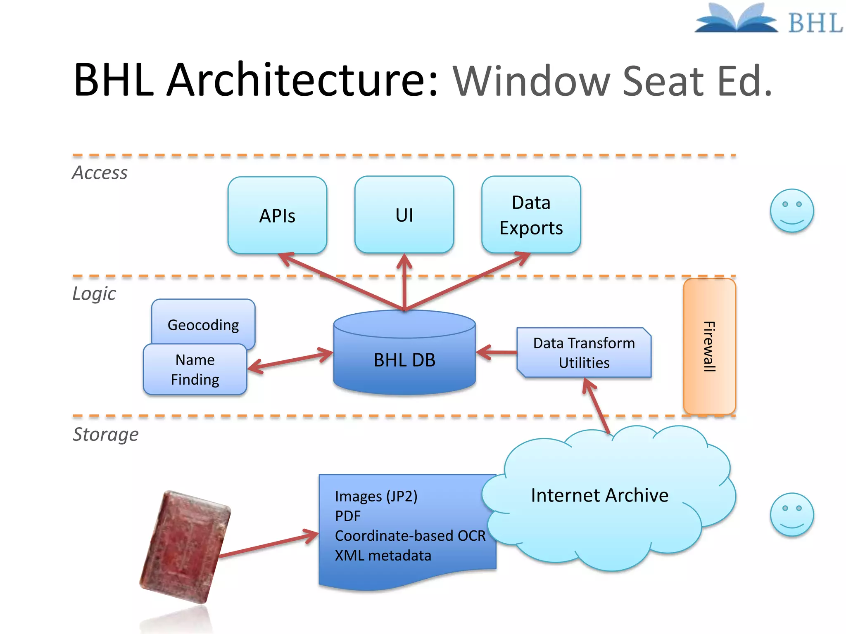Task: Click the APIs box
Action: pos(277,215)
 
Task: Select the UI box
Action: pos(404,215)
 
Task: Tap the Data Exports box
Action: pos(531,215)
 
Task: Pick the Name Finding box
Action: pos(195,369)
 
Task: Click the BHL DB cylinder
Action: pos(404,360)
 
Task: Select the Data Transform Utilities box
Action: pos(584,352)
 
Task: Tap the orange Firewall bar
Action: pos(709,346)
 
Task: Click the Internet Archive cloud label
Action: pos(599,495)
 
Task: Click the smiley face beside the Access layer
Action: pos(791,211)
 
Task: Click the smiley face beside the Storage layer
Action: pos(791,514)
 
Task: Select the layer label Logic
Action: pos(94,293)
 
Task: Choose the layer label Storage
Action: pos(106,434)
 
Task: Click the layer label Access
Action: pos(100,173)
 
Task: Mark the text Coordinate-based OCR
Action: pos(410,535)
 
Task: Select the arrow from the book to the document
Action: pos(269,545)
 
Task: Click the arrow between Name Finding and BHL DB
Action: pos(290,360)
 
